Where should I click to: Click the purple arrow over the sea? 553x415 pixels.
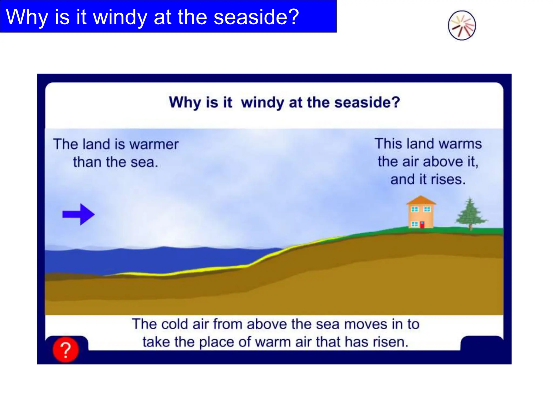(x=78, y=214)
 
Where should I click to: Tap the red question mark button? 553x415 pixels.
(x=66, y=350)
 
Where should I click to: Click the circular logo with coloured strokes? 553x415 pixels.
(x=462, y=25)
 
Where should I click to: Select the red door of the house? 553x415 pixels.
(x=422, y=225)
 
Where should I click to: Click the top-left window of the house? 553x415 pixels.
(x=414, y=209)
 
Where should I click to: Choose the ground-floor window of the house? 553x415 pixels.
(x=414, y=224)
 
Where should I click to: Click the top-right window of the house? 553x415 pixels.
(x=427, y=209)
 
